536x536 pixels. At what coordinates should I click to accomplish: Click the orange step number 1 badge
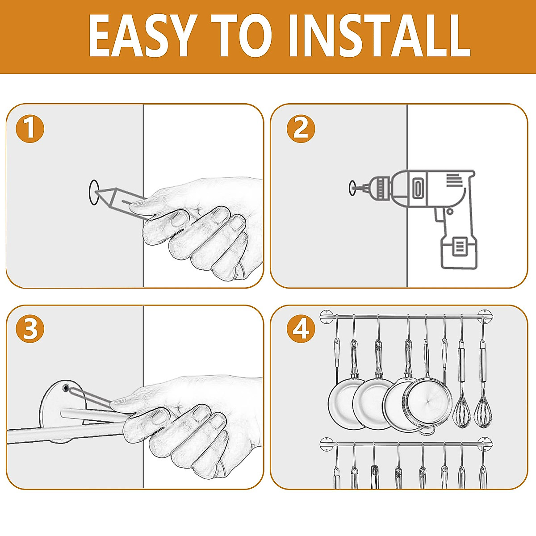(30, 129)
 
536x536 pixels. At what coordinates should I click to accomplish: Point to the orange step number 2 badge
(301, 129)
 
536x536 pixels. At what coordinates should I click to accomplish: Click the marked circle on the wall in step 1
(94, 193)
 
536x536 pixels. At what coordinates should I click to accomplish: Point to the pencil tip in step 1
(97, 192)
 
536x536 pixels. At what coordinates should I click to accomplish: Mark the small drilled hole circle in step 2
(352, 188)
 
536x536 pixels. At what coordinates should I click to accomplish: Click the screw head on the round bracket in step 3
(66, 386)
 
